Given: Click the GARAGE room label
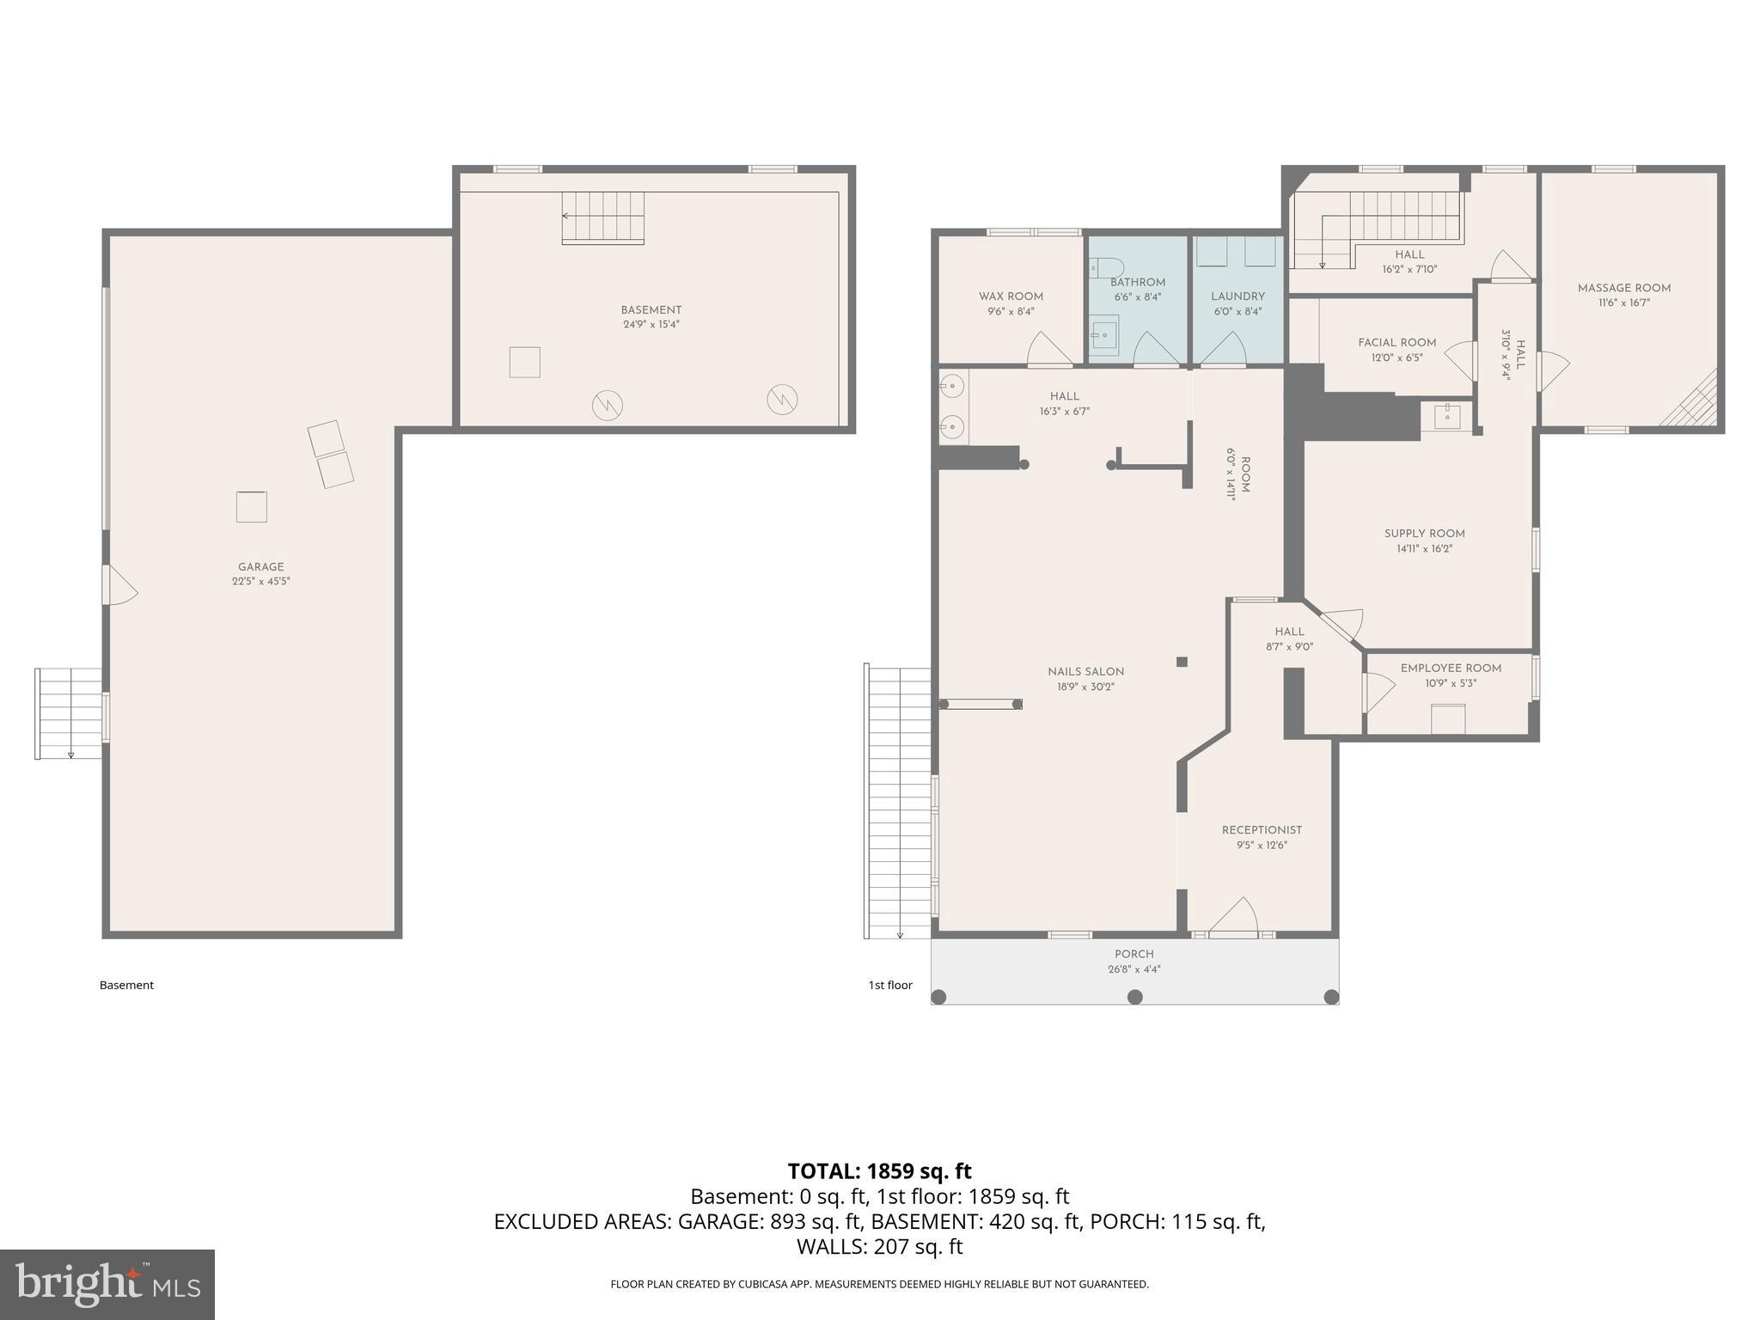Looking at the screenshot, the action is tap(260, 567).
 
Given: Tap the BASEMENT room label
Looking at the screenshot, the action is tap(651, 310).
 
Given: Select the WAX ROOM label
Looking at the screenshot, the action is tap(1011, 296).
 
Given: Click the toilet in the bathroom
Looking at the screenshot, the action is tap(1103, 267).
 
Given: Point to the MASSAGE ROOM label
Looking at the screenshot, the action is tap(1624, 288).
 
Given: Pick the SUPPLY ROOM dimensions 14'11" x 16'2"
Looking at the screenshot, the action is tap(1424, 549).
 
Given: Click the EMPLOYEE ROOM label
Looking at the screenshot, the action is tap(1451, 669).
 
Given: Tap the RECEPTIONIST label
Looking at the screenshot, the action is tap(1262, 830).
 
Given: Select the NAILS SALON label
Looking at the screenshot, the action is tap(1085, 672).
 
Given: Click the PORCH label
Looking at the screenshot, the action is tap(1134, 954).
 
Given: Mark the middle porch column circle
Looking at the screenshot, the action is tap(1134, 997).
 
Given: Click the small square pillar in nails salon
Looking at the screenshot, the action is tap(1182, 662).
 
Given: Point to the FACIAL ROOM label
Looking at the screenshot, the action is tap(1397, 343).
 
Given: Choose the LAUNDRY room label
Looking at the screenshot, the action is tap(1237, 296).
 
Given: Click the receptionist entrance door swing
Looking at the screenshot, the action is tap(1234, 915).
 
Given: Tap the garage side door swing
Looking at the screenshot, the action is tap(120, 584).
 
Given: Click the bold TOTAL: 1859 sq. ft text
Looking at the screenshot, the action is tap(879, 1171).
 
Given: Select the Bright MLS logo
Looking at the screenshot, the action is tap(107, 1284).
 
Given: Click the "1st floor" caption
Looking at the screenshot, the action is tap(890, 985).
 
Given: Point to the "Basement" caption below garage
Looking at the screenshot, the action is tap(126, 985).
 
